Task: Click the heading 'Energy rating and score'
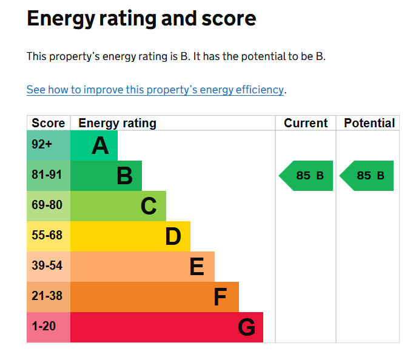point(141,19)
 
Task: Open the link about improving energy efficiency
point(155,90)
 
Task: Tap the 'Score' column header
point(48,123)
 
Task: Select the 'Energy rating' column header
point(117,123)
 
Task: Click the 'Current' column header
point(306,123)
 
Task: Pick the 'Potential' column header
point(369,123)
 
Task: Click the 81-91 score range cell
point(47,175)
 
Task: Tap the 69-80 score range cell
point(47,205)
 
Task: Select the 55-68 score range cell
point(47,236)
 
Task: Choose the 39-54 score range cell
point(47,266)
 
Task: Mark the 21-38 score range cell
point(47,296)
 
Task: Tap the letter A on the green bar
point(100,146)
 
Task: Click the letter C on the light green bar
point(149,207)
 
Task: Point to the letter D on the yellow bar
point(173,237)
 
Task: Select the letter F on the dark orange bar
point(220,298)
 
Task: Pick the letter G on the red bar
point(246,328)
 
